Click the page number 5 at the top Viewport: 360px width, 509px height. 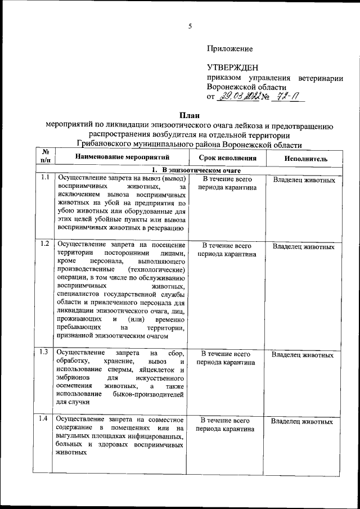[190, 26]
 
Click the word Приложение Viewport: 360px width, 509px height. [229, 49]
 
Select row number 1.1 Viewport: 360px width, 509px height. [44, 178]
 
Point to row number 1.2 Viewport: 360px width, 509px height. [44, 244]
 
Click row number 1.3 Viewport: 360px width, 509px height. [44, 353]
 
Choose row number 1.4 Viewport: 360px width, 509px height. [44, 418]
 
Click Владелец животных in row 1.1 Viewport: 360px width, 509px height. [304, 181]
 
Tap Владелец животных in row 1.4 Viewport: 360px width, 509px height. [302, 421]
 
